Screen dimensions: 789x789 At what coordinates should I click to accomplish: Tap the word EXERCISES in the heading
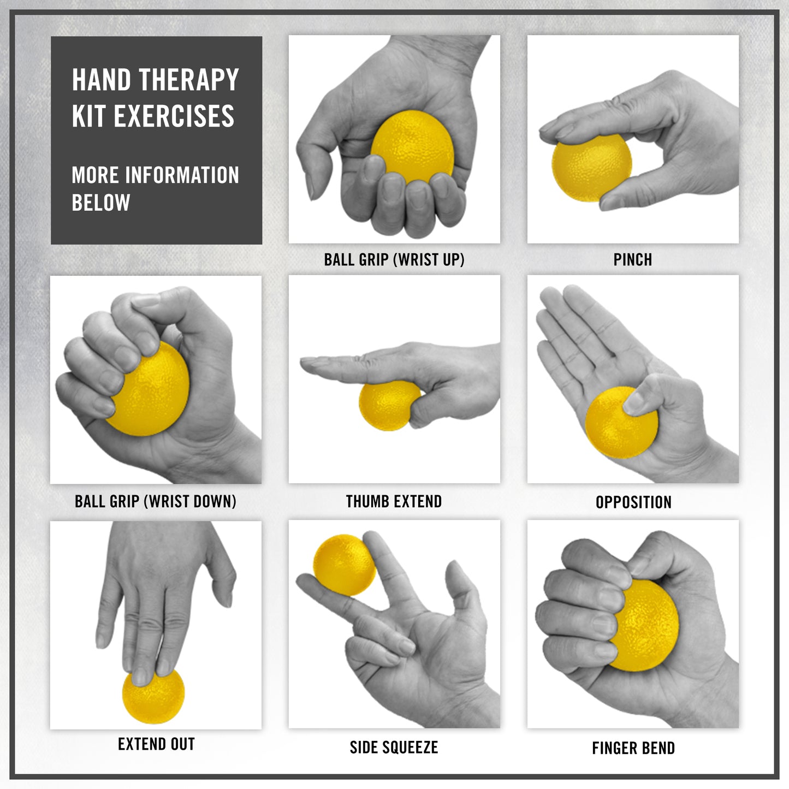pyautogui.click(x=174, y=116)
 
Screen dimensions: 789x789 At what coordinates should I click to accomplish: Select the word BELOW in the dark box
pyautogui.click(x=101, y=203)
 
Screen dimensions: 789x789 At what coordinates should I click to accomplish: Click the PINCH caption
pyautogui.click(x=632, y=260)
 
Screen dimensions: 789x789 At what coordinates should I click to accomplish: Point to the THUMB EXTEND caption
pyautogui.click(x=394, y=501)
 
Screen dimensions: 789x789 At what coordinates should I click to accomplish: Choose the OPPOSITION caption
pyautogui.click(x=633, y=502)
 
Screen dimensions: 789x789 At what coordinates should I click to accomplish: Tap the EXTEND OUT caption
pyautogui.click(x=156, y=744)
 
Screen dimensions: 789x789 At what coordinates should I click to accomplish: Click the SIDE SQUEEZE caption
pyautogui.click(x=394, y=748)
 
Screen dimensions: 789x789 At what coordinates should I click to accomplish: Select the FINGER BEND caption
pyautogui.click(x=633, y=748)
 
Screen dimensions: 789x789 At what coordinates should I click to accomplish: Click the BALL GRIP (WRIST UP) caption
pyautogui.click(x=394, y=260)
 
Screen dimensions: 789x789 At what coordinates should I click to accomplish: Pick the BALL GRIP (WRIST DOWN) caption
pyautogui.click(x=156, y=501)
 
